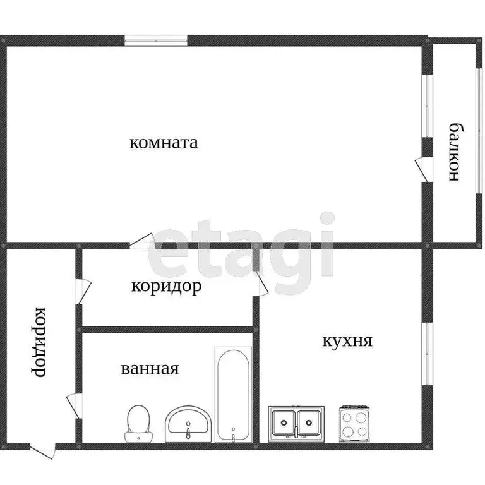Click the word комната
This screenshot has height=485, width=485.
pos(164,143)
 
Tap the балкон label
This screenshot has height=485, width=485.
pos(453,152)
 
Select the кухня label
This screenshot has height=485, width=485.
pos(347,342)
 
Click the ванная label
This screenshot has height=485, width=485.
pos(150,368)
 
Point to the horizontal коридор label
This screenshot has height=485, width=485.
pos(167,287)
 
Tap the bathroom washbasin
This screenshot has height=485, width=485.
pos(188,424)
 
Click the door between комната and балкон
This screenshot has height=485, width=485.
pos(422,167)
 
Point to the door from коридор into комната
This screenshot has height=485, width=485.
pos(143,242)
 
